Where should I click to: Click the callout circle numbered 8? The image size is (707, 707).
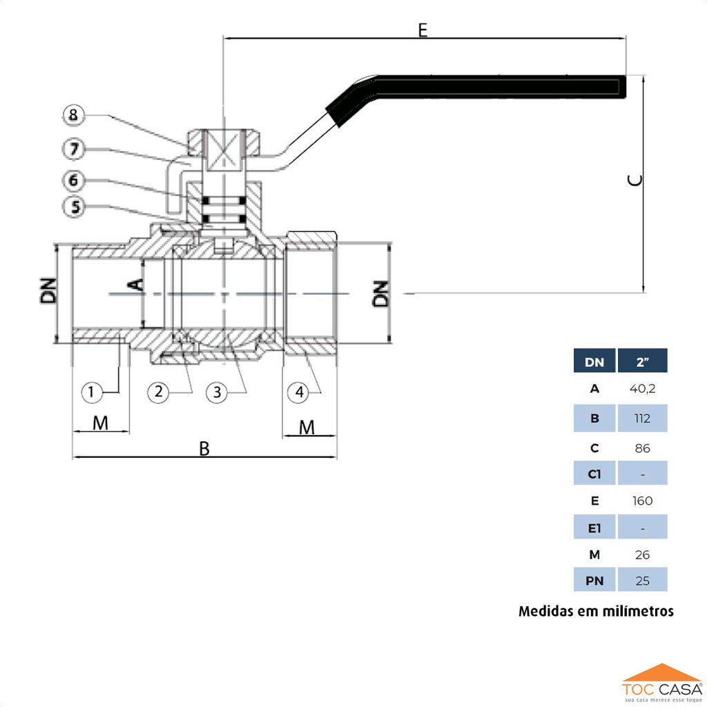[x=75, y=115]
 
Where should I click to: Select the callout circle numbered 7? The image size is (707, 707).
[x=75, y=148]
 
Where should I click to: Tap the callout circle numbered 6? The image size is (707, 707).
[x=75, y=180]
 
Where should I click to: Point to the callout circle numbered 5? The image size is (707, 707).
[x=75, y=206]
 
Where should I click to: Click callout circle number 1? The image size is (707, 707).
[x=92, y=392]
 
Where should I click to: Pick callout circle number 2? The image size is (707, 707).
[x=159, y=392]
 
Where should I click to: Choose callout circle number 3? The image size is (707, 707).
[x=217, y=392]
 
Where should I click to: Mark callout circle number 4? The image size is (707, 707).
[x=299, y=392]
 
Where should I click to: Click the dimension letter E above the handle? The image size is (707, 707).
[x=423, y=30]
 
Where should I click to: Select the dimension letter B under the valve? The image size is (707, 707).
[x=204, y=449]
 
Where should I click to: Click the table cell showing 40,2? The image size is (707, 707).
[x=642, y=389]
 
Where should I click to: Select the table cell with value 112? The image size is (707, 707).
[x=642, y=418]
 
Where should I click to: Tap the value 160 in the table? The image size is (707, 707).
[x=642, y=501]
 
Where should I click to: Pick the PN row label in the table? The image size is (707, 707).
[x=594, y=581]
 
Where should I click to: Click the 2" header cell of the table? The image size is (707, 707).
[x=642, y=361]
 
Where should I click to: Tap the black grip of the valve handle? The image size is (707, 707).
[x=497, y=86]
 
